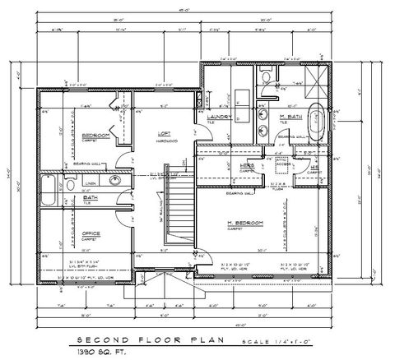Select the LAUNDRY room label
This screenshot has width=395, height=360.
tap(220, 118)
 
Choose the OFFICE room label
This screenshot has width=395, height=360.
tap(91, 233)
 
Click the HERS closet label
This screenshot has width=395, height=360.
tap(245, 166)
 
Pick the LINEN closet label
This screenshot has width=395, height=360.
tap(90, 182)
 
